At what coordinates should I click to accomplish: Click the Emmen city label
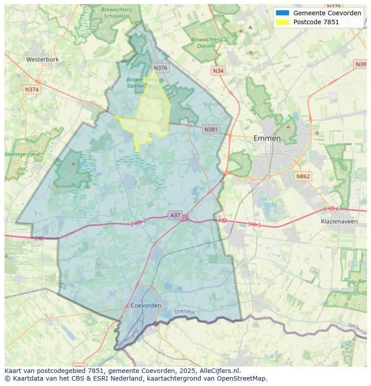[267, 138]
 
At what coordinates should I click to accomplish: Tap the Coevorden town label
[146, 305]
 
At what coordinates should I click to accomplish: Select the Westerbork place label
[42, 59]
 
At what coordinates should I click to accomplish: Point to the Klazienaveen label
[339, 221]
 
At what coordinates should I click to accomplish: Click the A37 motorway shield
[175, 216]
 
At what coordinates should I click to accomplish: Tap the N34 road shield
[218, 71]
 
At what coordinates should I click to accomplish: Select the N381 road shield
[211, 130]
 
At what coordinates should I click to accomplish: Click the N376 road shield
[160, 68]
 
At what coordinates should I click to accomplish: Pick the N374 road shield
[32, 90]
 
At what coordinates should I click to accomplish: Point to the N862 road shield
[302, 177]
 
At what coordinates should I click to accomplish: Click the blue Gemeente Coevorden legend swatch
[283, 13]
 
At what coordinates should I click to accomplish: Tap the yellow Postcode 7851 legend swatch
[283, 22]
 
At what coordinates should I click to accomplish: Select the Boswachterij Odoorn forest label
[206, 43]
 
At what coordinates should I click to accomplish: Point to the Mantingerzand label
[22, 154]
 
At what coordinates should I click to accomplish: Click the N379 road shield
[334, 6]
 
